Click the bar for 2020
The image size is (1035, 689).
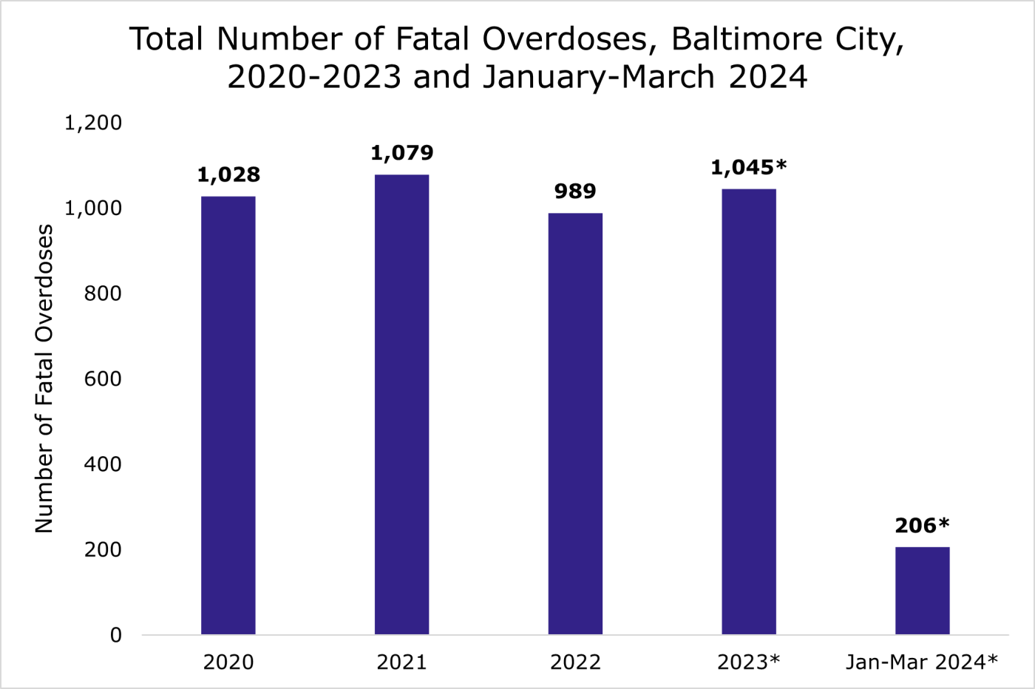(228, 415)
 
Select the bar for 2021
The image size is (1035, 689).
(401, 404)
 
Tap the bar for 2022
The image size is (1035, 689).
(575, 424)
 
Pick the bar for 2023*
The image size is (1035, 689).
(749, 412)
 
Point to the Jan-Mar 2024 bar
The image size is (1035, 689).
(922, 591)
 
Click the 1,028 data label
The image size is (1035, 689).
(228, 175)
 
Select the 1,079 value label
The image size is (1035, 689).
(401, 153)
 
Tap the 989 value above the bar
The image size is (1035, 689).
(575, 191)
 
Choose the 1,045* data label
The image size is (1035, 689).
(748, 168)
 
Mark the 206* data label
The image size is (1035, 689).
(922, 526)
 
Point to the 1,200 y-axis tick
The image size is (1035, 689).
(93, 123)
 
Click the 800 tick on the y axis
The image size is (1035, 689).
(103, 293)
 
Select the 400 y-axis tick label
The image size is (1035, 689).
(103, 464)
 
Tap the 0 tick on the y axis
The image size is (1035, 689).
(115, 635)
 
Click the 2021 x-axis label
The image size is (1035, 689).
(401, 662)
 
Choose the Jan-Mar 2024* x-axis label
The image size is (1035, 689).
(922, 662)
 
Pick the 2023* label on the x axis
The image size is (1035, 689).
(748, 662)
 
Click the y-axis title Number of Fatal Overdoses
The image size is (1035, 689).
(44, 379)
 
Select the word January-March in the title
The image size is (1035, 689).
(600, 77)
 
